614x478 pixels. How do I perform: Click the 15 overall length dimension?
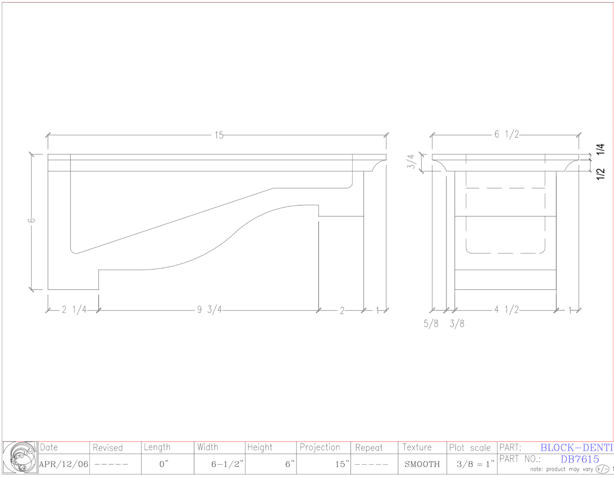coord(219,135)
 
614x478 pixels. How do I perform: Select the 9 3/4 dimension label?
coord(209,310)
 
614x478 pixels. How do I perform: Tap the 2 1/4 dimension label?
coord(74,310)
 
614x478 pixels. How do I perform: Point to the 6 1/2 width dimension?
coord(506,134)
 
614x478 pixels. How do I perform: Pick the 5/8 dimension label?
coord(431,324)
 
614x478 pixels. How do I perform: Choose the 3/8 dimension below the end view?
coord(457,324)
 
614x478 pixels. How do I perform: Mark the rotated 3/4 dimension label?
coord(411,161)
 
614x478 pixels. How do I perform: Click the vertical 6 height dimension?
coord(32,220)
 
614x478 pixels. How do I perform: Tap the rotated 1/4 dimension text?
coord(600,149)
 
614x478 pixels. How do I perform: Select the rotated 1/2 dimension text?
coord(600,174)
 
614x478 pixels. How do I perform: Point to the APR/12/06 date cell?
coord(64,464)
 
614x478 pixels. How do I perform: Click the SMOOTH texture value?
coord(422,464)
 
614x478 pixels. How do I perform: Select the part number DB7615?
coord(580,459)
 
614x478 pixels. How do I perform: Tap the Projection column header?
coord(320,447)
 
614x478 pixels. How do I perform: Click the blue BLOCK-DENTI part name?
coord(577,447)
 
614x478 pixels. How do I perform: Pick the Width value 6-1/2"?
coord(228,464)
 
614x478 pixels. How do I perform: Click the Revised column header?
coord(108,448)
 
